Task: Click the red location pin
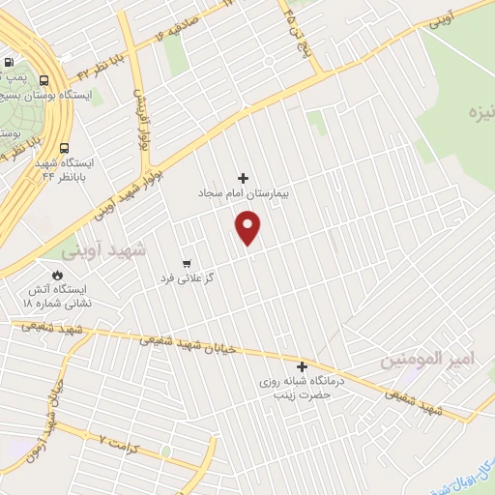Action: [248, 228]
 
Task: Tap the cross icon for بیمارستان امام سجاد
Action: [243, 178]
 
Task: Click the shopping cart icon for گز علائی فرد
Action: [187, 263]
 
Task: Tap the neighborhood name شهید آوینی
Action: [103, 250]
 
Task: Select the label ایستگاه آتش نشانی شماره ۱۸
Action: [56, 296]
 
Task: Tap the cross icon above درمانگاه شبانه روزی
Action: [303, 366]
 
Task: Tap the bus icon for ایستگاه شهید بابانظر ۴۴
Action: [64, 149]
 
